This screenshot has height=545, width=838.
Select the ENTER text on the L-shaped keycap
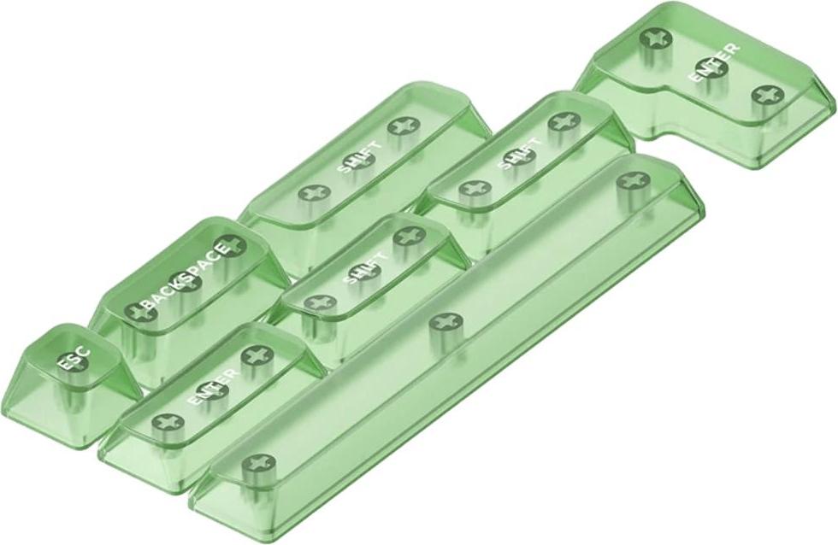click(714, 63)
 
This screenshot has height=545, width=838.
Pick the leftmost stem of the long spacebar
click(253, 465)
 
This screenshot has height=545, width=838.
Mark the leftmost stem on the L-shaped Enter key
click(656, 38)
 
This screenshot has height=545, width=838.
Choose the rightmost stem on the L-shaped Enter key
click(763, 95)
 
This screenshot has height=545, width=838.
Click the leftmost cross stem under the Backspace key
click(136, 311)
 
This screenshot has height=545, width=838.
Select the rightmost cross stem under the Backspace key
click(228, 247)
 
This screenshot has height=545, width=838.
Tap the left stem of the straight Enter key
click(163, 422)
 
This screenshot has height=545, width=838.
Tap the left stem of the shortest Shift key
click(319, 303)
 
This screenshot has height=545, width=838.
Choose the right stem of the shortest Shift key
click(409, 236)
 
